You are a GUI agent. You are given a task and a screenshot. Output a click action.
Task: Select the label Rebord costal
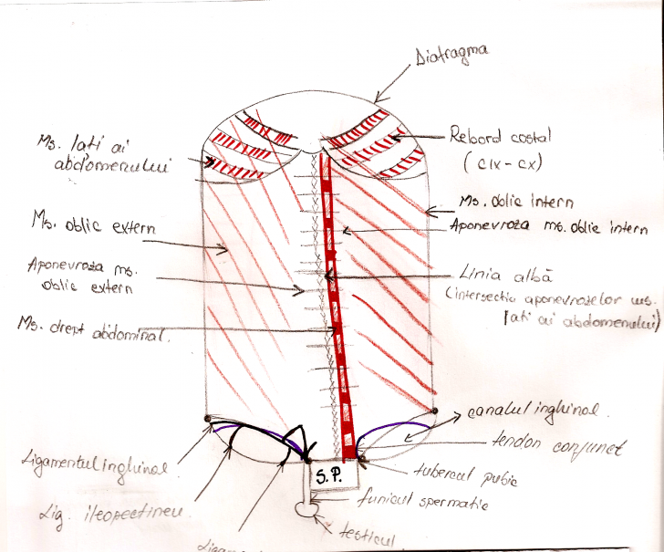[497, 138]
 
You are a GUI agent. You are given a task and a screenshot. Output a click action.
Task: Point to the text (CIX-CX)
[500, 164]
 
